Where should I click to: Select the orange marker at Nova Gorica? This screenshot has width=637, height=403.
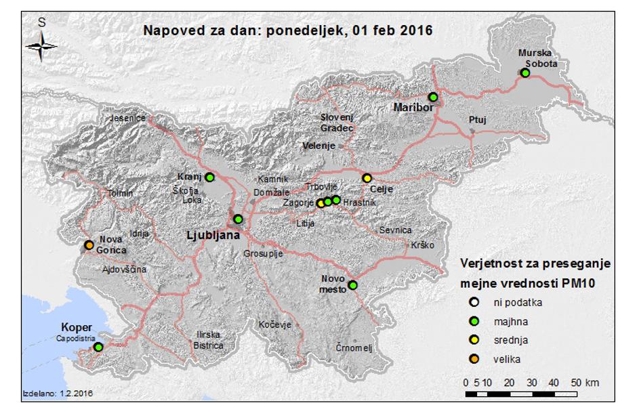click(x=89, y=245)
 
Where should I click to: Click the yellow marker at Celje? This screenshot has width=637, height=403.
click(x=367, y=178)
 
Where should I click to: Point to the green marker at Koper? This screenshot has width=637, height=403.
click(x=98, y=347)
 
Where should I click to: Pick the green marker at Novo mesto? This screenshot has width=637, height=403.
click(x=352, y=285)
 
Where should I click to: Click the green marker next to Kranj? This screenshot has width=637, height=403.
click(x=210, y=177)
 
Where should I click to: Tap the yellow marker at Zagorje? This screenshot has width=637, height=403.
click(x=321, y=203)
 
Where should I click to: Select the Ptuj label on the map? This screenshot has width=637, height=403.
click(x=478, y=120)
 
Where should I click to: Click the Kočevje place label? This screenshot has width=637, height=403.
click(x=274, y=325)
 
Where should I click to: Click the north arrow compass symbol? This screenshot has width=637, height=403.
click(x=42, y=45)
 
